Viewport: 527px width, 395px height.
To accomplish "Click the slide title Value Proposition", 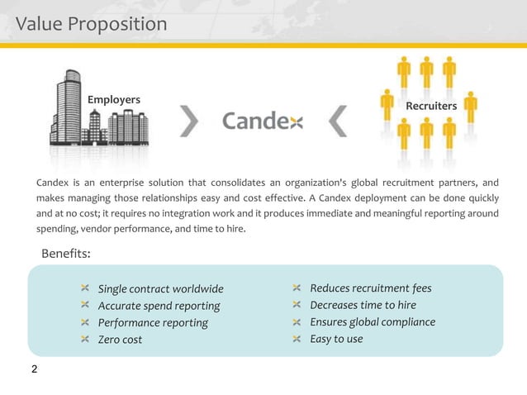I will coord(92,24).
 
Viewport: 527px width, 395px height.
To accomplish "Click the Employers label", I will coord(114,100).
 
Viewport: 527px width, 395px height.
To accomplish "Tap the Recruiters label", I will coord(431,107).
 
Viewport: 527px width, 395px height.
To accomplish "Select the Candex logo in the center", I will coord(263,122).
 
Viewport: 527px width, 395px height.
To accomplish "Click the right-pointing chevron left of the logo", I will coord(190,122).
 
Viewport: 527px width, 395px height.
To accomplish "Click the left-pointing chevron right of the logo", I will coord(337,122).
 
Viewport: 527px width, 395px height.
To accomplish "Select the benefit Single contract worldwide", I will coord(160,289).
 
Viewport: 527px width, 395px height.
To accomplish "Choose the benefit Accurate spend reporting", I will coord(159,306).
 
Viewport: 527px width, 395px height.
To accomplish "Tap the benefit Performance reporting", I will coord(153,322).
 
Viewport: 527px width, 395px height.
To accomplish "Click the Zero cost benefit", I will coord(120,340).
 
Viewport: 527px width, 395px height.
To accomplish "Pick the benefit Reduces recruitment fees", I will coord(370,288).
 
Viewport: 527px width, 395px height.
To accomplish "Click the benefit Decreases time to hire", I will coord(363,305).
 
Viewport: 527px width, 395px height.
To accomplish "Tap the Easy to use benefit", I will coord(336,339).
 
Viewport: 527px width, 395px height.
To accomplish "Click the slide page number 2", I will coord(34,369).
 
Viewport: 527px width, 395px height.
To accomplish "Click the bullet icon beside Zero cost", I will coord(86,339).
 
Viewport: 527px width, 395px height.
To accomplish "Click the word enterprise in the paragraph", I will coord(108,182).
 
